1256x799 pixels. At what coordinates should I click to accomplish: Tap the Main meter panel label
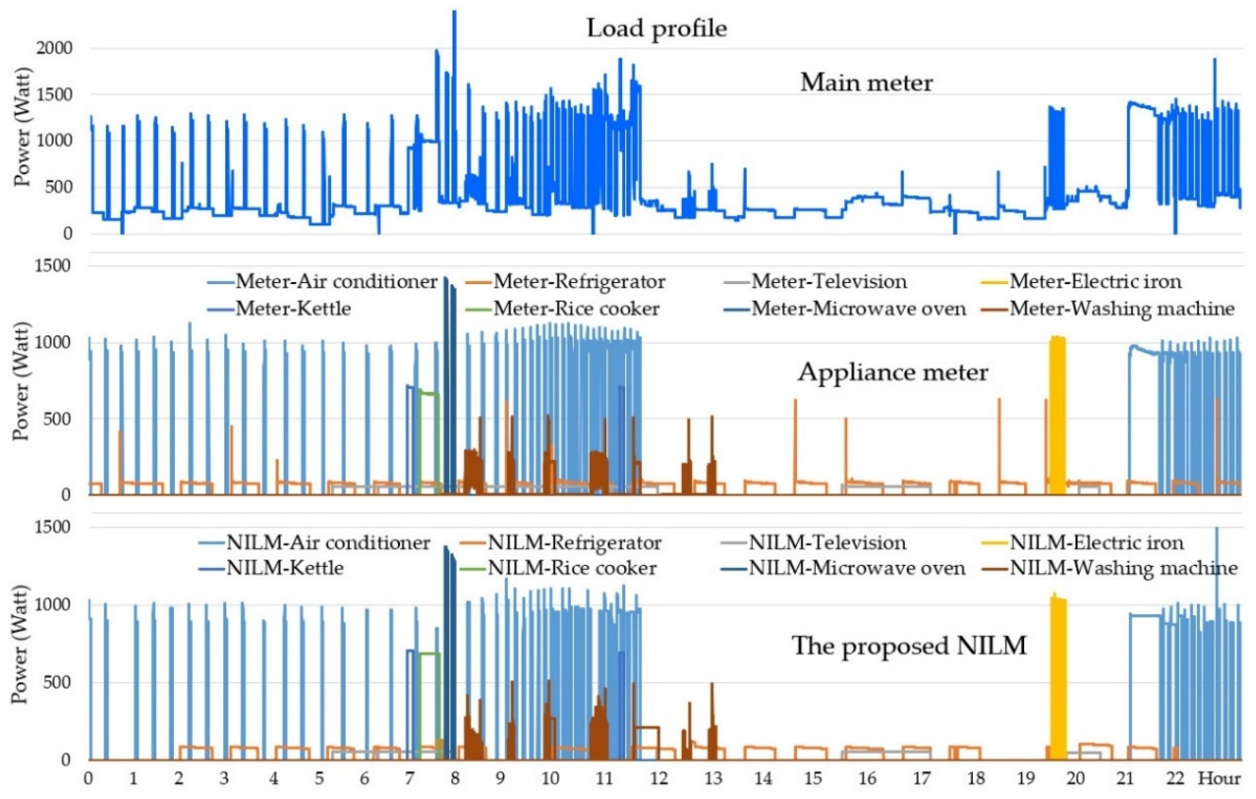pyautogui.click(x=866, y=83)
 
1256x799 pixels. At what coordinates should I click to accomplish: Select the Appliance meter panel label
pyautogui.click(x=893, y=372)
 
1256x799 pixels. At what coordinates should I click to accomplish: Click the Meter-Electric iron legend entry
pyautogui.click(x=1095, y=282)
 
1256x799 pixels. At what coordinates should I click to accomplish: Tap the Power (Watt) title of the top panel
pyautogui.click(x=22, y=128)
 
